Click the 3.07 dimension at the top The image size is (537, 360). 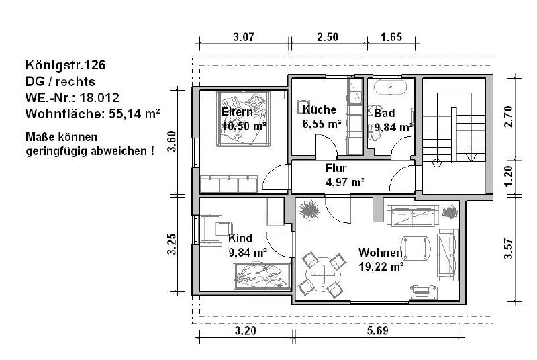click(244, 37)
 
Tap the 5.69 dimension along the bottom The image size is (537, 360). click(378, 331)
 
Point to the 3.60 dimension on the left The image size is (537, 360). click(173, 142)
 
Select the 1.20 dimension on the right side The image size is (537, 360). click(509, 177)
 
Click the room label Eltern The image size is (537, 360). click(237, 112)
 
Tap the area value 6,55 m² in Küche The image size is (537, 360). click(322, 124)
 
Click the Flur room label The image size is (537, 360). click(336, 168)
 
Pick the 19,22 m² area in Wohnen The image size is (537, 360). click(381, 266)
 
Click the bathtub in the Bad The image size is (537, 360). click(390, 87)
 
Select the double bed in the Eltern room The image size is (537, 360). click(244, 118)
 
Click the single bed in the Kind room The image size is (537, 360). click(262, 277)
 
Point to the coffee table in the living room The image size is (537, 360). click(416, 248)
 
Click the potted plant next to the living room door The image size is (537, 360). click(309, 210)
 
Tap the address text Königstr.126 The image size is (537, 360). click(65, 64)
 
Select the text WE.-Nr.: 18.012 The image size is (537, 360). click(72, 97)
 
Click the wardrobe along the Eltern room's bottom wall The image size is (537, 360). click(229, 184)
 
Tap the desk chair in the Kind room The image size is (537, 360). click(224, 229)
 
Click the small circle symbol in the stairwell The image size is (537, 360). click(437, 163)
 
